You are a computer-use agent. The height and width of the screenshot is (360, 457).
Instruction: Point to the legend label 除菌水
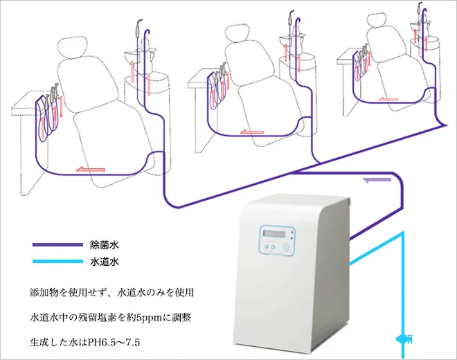(106, 244)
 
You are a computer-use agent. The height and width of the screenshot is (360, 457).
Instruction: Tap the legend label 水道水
(106, 262)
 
